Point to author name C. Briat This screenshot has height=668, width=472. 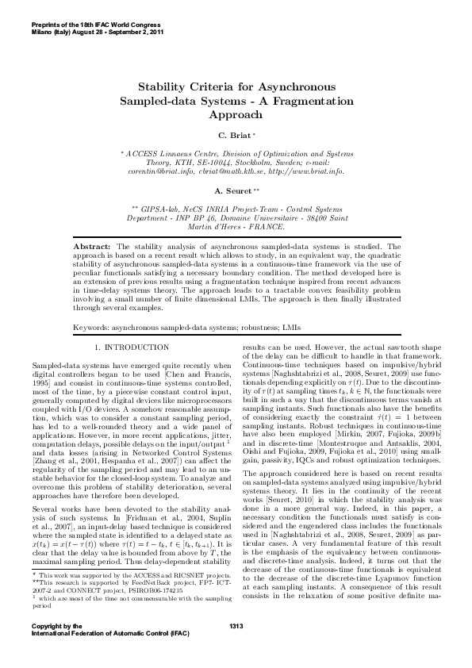pyautogui.click(x=233, y=136)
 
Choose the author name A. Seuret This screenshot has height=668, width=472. pyautogui.click(x=234, y=191)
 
